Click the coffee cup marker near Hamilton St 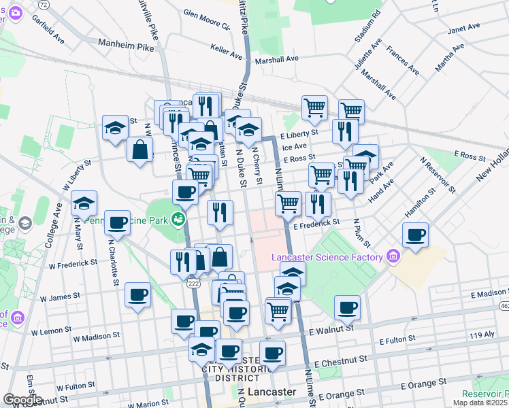pos(415,235)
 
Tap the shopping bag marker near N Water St pos(139,151)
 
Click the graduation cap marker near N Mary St pos(84,203)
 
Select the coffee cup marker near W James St pos(138,295)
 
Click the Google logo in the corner pos(22,400)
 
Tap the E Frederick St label pos(316,222)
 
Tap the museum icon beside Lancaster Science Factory pos(393,256)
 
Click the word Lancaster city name pos(272,392)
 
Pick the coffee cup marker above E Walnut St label pos(347,307)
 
